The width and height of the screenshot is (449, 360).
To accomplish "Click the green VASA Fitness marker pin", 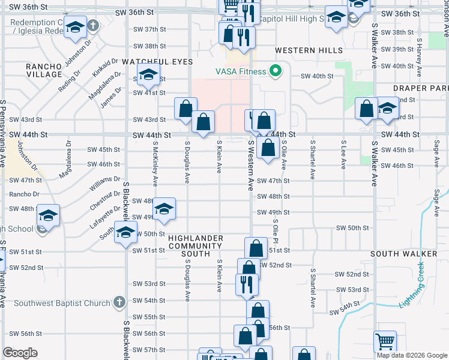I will (x=276, y=71).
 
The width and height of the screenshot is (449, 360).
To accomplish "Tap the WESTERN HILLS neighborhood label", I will (x=309, y=50).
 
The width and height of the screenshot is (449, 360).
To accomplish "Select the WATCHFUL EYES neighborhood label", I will (x=157, y=62).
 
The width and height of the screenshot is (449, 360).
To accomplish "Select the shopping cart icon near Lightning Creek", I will (x=385, y=341).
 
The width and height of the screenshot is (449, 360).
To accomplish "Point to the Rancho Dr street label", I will (x=24, y=194).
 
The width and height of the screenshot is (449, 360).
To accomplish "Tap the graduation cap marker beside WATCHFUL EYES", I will (x=147, y=76).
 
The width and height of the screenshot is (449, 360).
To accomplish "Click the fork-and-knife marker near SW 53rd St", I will (x=246, y=283).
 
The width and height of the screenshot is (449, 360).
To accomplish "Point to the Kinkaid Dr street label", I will (x=106, y=67).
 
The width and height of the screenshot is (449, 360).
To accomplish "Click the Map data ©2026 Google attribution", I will (x=411, y=355).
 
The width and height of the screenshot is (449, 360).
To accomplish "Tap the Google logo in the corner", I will (x=20, y=353).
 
